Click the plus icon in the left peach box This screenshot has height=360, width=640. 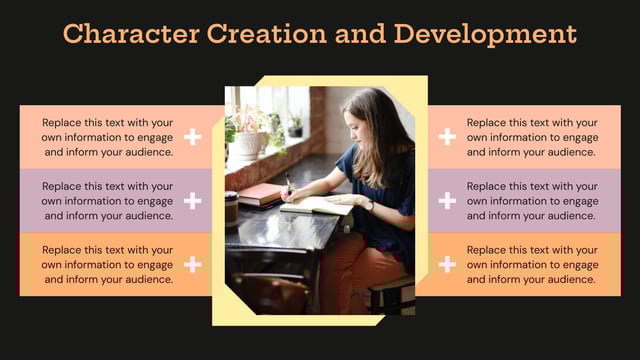pyautogui.click(x=193, y=137)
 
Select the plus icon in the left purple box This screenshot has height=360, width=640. pyautogui.click(x=193, y=201)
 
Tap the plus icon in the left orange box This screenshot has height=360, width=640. pyautogui.click(x=193, y=264)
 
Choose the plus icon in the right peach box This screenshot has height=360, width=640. pyautogui.click(x=447, y=137)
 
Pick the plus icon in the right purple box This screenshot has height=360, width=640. pyautogui.click(x=447, y=201)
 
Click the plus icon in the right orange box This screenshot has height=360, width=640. pyautogui.click(x=447, y=264)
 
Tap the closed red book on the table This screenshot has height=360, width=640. pyautogui.click(x=260, y=193)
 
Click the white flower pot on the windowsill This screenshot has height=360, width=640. pyautogui.click(x=245, y=146)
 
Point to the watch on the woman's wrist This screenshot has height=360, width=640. pyautogui.click(x=368, y=204)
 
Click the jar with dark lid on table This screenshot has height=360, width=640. pyautogui.click(x=232, y=208)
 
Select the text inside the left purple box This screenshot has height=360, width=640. pyautogui.click(x=108, y=201)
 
